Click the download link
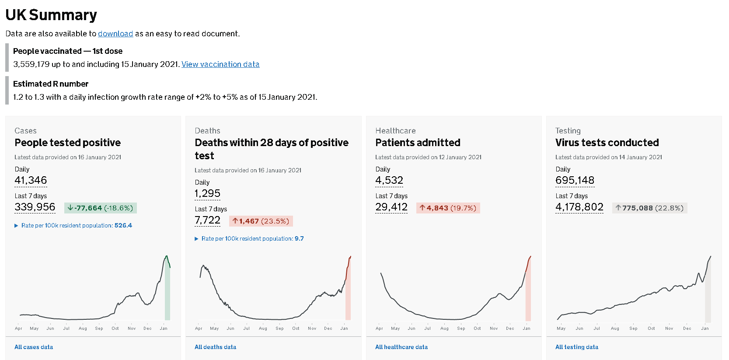115,34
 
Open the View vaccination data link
220,64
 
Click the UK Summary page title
51,15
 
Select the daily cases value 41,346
31,180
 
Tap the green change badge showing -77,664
101,208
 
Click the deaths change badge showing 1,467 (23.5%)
261,221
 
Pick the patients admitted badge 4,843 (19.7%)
448,208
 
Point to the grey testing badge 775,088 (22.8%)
650,208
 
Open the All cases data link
34,347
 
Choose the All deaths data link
215,347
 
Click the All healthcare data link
401,347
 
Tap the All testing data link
577,347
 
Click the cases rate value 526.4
123,225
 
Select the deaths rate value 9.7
299,238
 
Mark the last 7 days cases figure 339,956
35,207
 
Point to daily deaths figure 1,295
207,193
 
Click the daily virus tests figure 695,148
575,180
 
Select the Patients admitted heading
418,143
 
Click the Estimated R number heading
51,84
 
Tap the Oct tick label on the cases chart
115,328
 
